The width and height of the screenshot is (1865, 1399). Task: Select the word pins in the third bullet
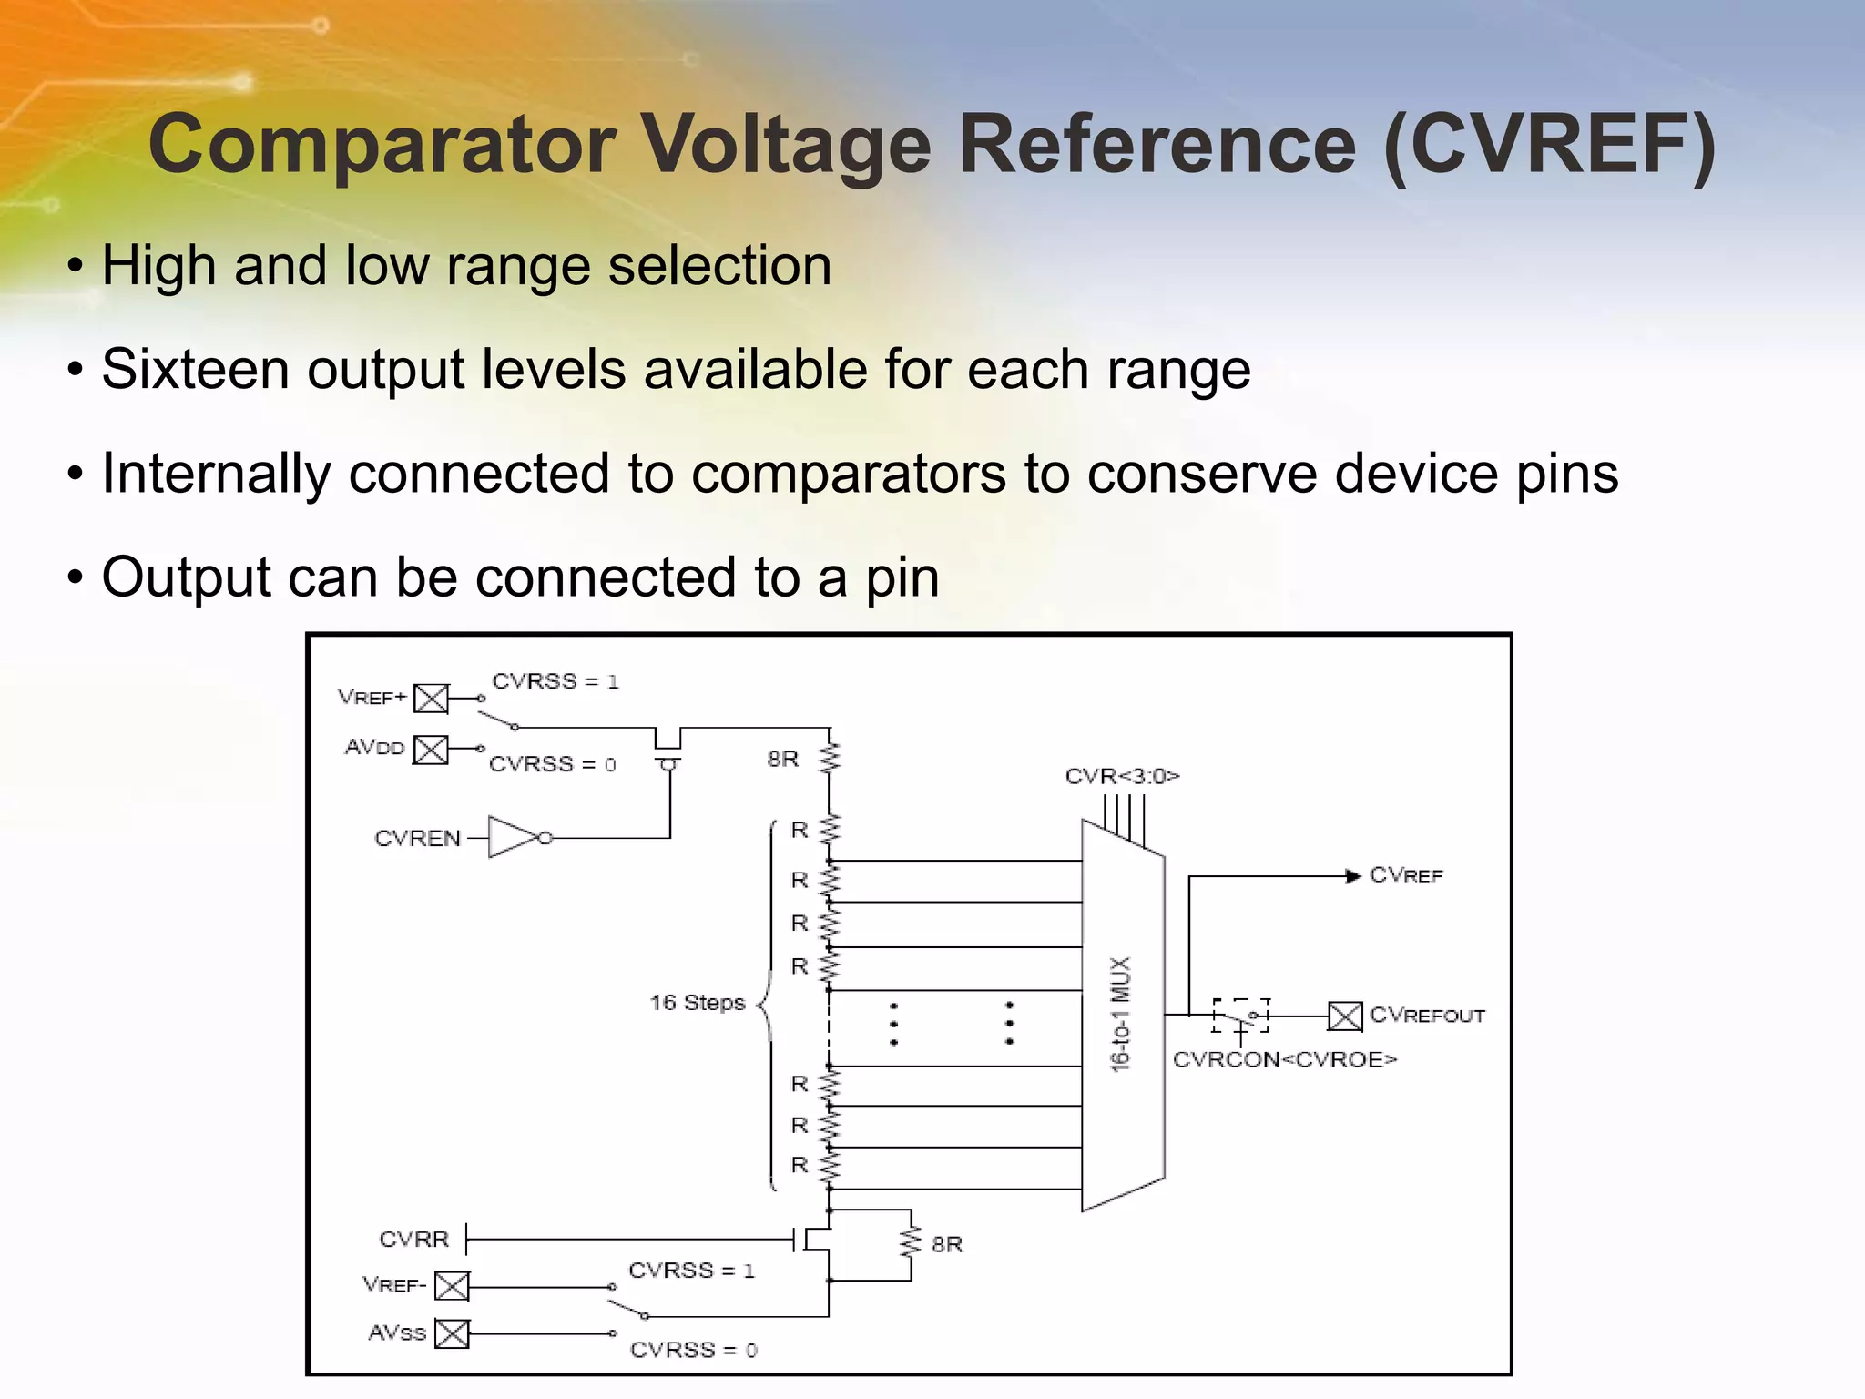coord(1566,475)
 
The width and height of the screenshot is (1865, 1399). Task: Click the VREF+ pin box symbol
coord(431,699)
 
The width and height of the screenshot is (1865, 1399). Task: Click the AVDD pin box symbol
coord(431,750)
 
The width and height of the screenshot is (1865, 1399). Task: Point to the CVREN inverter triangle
coord(513,837)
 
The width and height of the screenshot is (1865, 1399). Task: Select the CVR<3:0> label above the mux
coord(1122,776)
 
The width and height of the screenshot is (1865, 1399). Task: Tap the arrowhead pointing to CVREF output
coord(1353,876)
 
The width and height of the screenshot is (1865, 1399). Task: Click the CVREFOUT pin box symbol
coord(1344,1016)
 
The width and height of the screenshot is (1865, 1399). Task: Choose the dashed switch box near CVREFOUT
coord(1240,1016)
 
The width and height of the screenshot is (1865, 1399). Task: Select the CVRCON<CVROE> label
coord(1284,1060)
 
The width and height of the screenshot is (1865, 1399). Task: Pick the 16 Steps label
coord(697,1003)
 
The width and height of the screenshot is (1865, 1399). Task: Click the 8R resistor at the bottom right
coord(910,1243)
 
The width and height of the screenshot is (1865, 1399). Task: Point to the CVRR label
coord(414,1240)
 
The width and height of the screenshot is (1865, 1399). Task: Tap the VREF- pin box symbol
coord(452,1286)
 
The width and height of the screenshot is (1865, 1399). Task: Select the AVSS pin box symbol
coord(452,1333)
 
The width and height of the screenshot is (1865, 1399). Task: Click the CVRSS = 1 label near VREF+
coord(555,681)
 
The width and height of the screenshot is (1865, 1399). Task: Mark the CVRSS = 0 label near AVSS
coord(693,1350)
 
